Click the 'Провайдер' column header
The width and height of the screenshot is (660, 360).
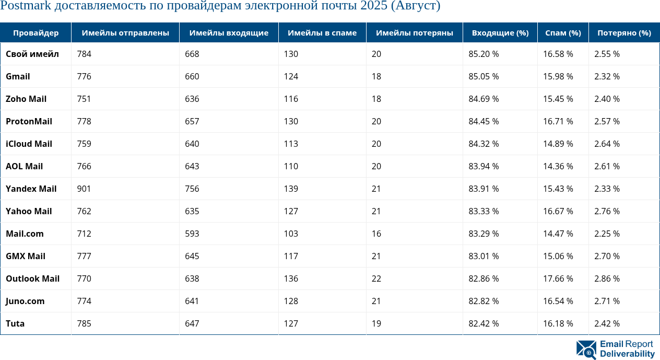pos(36,33)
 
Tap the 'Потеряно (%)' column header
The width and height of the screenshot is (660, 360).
pos(624,33)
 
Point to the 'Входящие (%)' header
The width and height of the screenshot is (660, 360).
pos(500,33)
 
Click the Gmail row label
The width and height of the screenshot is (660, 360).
pos(18,76)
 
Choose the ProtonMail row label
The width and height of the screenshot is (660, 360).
pos(29,121)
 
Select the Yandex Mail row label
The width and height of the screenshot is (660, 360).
pos(31,189)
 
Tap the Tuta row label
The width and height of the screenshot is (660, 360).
pos(15,323)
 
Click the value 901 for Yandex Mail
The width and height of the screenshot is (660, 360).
pos(84,189)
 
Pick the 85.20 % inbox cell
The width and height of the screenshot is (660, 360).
pos(484,54)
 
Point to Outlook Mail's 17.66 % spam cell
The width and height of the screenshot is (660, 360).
pos(558,278)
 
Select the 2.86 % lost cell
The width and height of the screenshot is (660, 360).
pos(607,278)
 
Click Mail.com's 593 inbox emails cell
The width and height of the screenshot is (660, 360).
pos(192,234)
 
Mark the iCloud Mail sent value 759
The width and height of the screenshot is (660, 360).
pos(84,144)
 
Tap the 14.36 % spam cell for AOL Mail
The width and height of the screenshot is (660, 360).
pos(558,166)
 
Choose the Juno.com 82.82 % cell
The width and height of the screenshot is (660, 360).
pos(484,301)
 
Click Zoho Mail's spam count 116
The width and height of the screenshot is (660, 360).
pos(291,99)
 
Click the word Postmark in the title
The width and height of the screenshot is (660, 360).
pos(26,6)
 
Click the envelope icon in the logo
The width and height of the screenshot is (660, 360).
pos(586,350)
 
